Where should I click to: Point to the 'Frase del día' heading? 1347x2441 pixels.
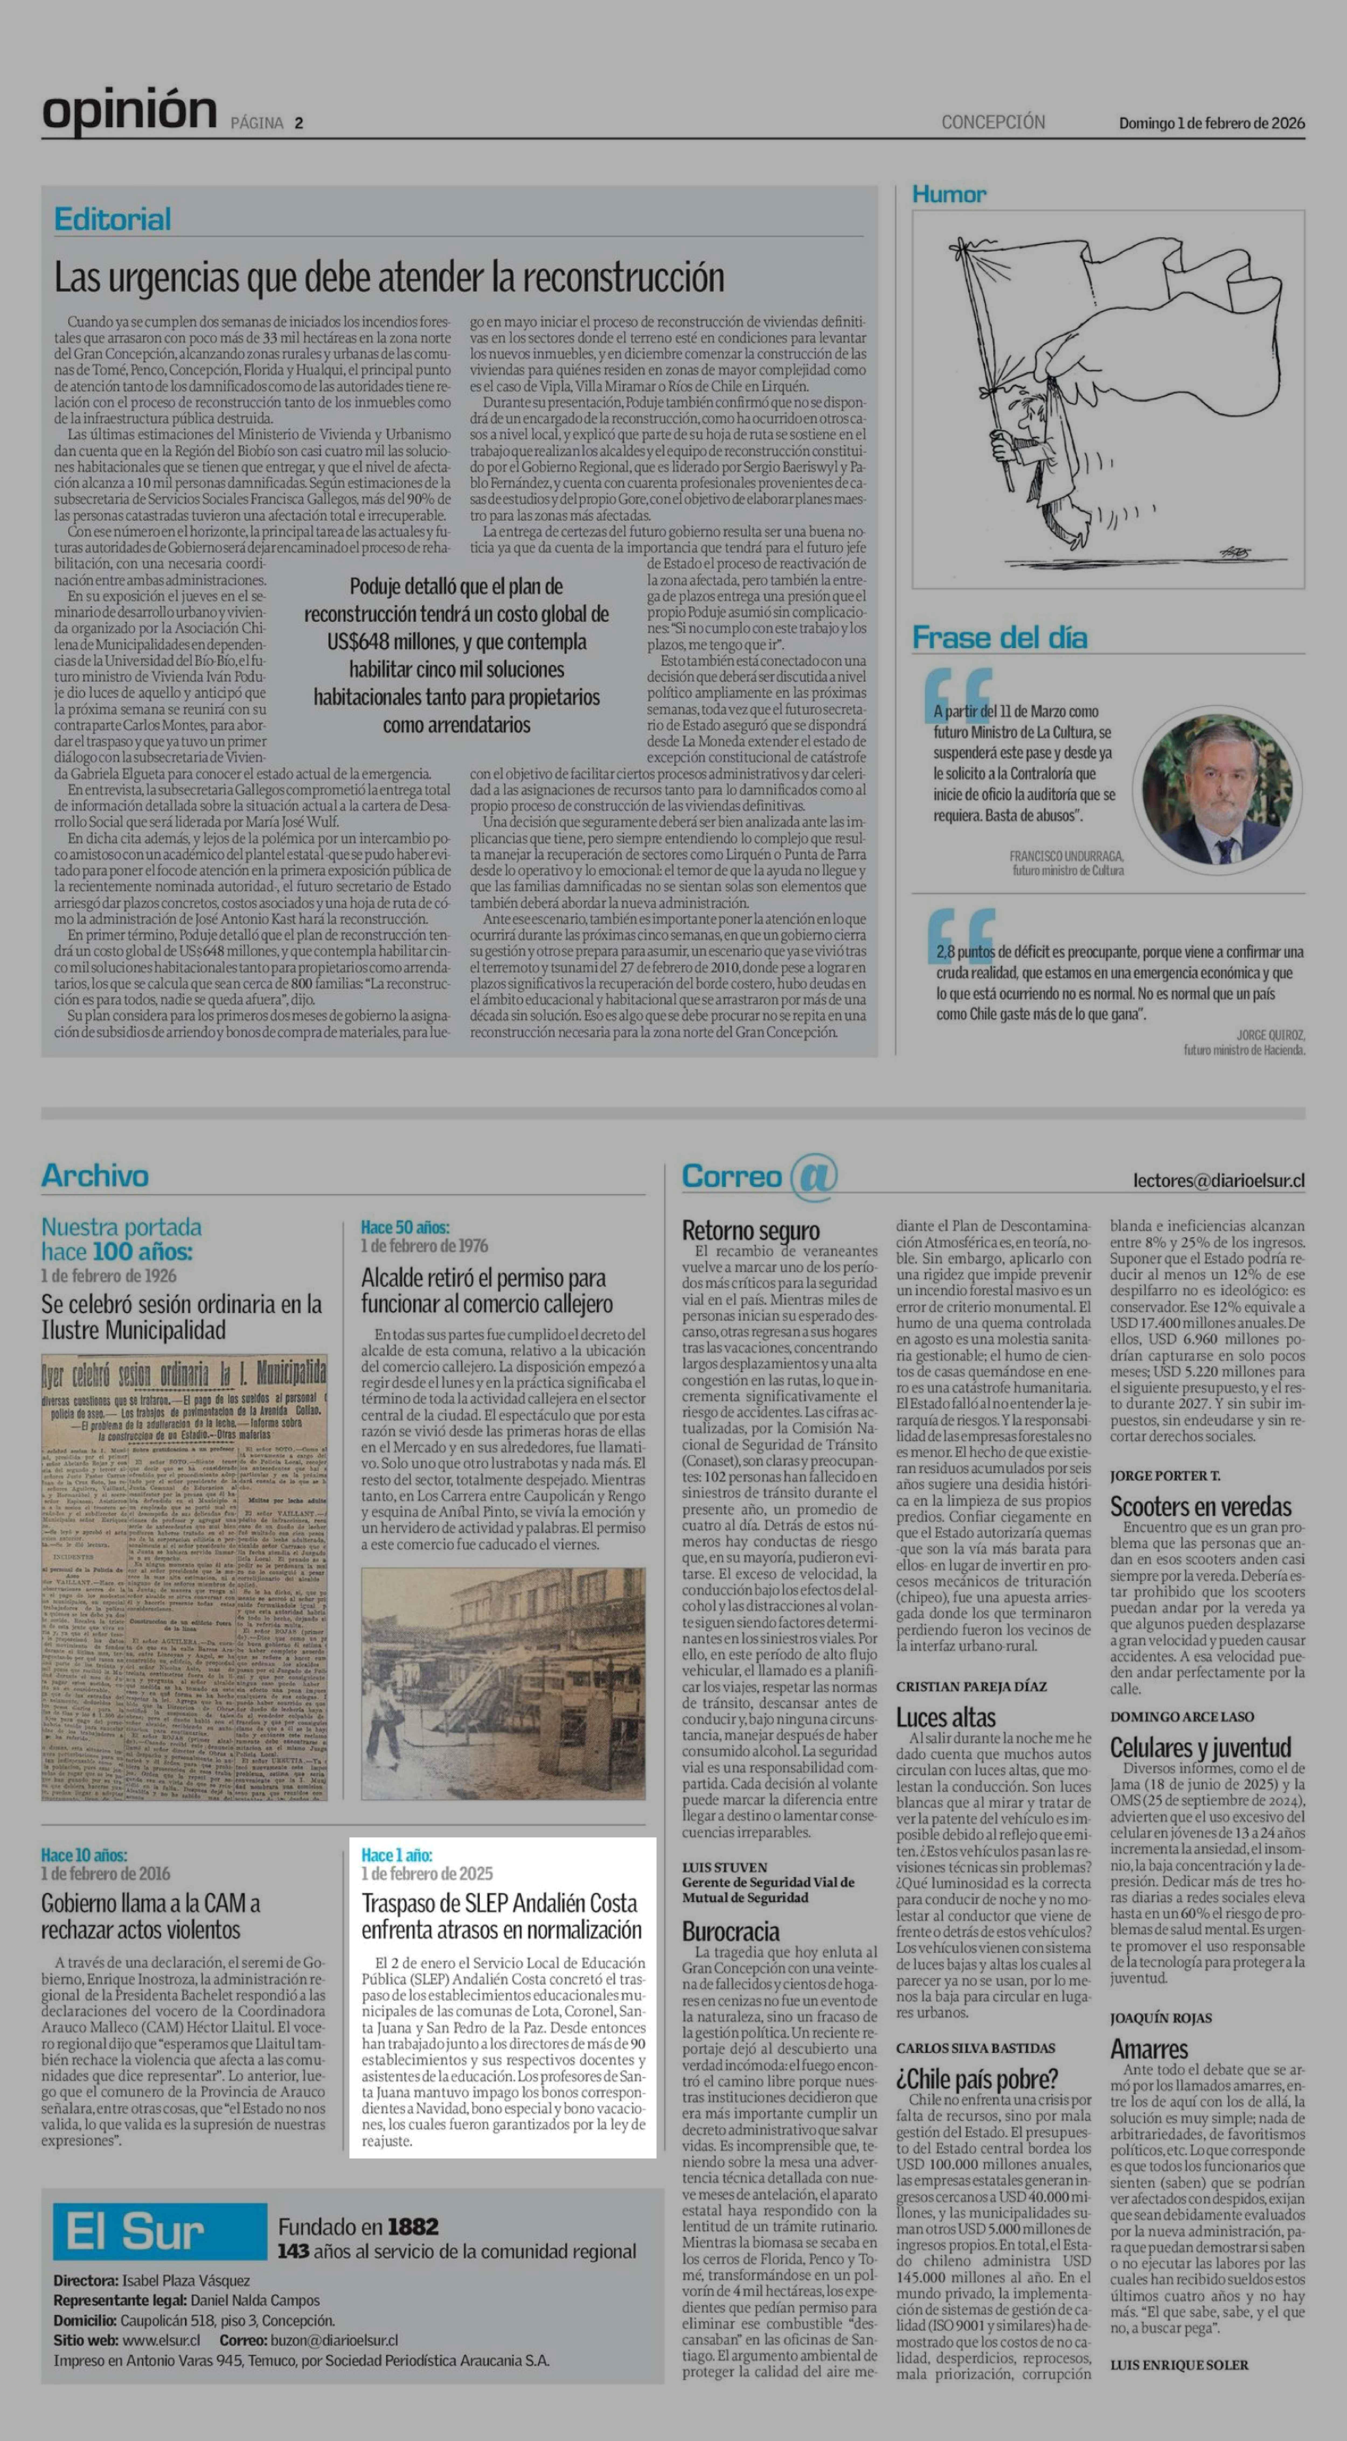999,638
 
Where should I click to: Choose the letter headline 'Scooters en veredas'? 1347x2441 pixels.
1200,1507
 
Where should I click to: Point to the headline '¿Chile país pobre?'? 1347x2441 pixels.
976,2079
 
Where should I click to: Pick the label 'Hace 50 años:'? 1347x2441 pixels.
405,1227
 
